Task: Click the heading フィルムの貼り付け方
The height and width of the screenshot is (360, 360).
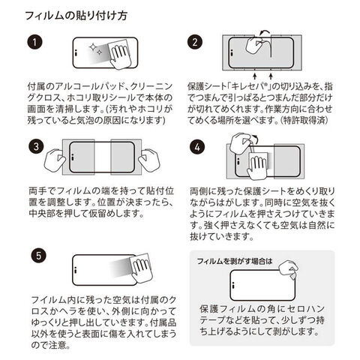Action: point(76,16)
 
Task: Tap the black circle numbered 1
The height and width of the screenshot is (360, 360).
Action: point(34,42)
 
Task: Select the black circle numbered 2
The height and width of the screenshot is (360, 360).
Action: point(195,42)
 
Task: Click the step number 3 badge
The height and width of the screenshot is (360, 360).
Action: point(36,146)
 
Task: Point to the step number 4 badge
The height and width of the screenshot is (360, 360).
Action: point(197,147)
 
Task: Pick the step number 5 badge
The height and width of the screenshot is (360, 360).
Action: point(39,256)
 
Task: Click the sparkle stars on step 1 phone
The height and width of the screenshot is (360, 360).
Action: point(96,49)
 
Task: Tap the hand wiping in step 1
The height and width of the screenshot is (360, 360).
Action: point(120,55)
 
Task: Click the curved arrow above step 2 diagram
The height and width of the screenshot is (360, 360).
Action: point(265,31)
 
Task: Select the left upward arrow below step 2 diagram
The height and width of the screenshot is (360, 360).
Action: point(255,76)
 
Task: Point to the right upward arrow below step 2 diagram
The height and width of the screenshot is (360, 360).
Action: point(271,76)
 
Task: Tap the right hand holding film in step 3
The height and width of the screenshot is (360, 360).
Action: point(149,160)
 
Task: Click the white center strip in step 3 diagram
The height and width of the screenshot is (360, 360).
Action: point(103,157)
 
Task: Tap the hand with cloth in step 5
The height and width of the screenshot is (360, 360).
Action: point(142,268)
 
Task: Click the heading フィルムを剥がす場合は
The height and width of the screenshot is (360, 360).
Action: point(235,262)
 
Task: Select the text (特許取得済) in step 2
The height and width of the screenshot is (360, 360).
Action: point(304,121)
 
